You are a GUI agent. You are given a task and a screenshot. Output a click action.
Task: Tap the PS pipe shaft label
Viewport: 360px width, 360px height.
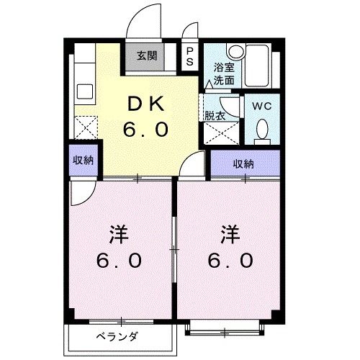(189, 57)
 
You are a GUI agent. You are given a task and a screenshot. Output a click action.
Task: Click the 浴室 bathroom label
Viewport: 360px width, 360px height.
(222, 67)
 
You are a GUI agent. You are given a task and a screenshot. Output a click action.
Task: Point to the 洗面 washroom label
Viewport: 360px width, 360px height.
(222, 80)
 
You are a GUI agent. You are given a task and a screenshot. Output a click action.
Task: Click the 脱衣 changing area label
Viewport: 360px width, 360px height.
(215, 114)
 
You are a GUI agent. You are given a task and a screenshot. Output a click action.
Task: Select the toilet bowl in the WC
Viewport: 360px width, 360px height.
(263, 129)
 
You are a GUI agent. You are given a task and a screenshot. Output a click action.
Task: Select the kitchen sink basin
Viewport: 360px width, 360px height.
(83, 93)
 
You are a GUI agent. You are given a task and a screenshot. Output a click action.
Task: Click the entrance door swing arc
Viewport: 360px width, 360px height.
(142, 16)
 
